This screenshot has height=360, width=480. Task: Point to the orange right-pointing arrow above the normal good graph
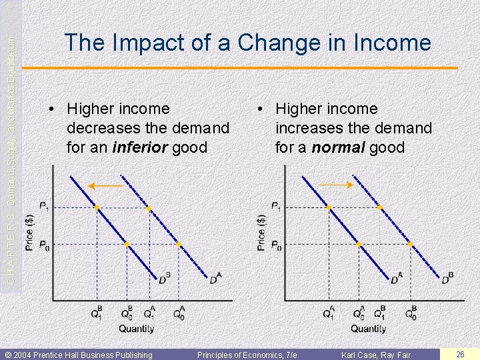(x=335, y=185)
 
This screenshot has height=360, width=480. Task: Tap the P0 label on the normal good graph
(x=275, y=245)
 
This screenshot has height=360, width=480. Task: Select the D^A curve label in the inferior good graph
(x=215, y=278)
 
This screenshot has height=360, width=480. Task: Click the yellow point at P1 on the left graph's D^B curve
(x=97, y=208)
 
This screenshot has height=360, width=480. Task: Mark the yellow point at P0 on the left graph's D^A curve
(x=179, y=245)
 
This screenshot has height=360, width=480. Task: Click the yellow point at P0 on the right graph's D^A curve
(x=359, y=245)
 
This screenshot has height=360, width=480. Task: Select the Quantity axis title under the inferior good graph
(x=137, y=328)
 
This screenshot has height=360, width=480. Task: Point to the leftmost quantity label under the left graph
(x=97, y=313)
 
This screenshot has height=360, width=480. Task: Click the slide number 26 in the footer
(x=459, y=355)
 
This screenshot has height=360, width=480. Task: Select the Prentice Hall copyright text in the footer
(x=79, y=355)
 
